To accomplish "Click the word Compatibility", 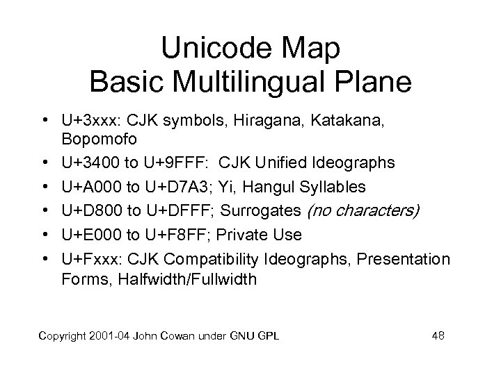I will tap(208, 259).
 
